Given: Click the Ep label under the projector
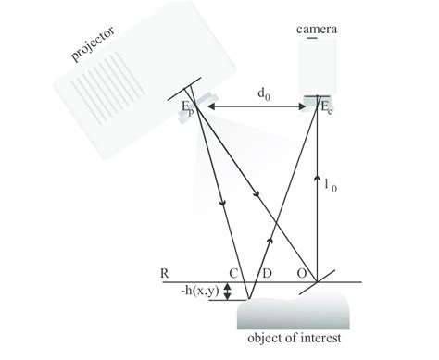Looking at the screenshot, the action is [x=187, y=107].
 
